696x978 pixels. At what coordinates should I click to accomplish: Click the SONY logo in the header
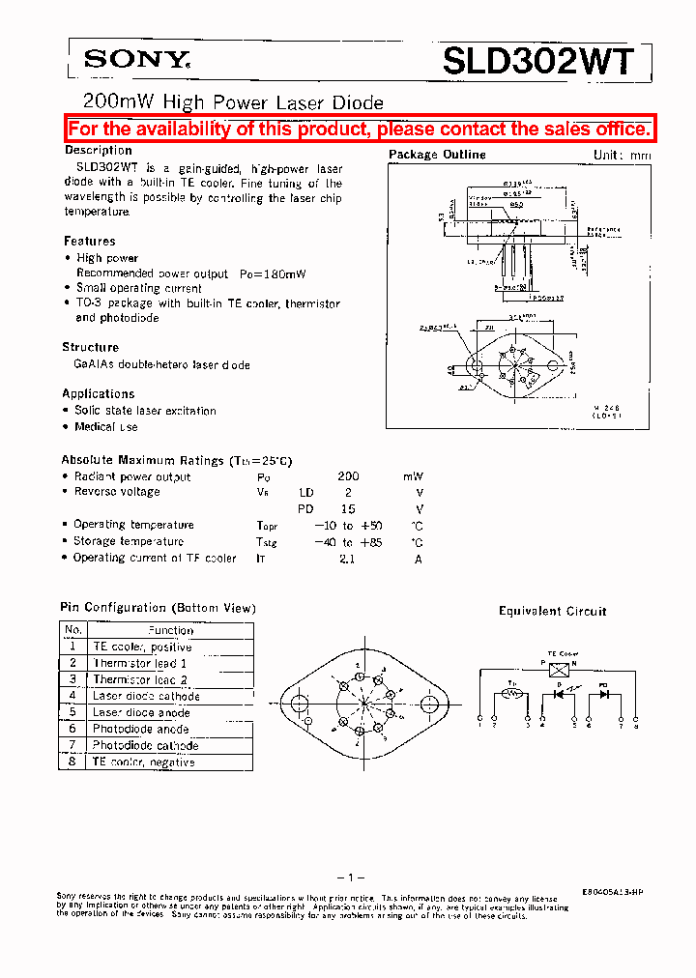[134, 61]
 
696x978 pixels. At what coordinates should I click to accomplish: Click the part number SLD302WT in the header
[539, 62]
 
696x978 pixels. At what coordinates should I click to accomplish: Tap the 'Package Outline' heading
[437, 155]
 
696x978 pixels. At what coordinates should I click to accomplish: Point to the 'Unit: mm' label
[622, 156]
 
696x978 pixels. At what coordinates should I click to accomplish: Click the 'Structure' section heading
[91, 347]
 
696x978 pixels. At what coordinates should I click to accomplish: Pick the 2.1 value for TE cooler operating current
[347, 558]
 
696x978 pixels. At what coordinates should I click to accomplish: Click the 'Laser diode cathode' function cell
[146, 696]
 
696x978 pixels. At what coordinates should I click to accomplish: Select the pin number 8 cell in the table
[72, 762]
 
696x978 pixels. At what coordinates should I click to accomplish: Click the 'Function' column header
[170, 630]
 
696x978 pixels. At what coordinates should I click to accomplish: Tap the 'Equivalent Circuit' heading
[552, 611]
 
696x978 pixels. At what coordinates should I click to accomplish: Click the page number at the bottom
[348, 877]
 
